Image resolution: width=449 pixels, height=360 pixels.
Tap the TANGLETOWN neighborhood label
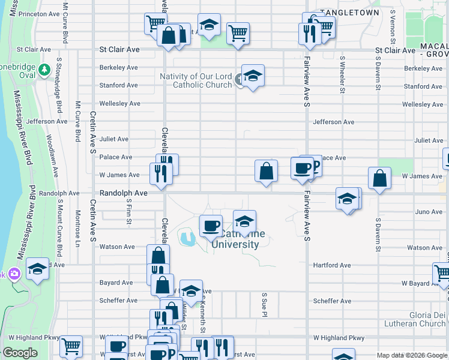pos(350,12)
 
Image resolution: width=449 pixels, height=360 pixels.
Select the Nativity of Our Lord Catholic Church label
pos(196,80)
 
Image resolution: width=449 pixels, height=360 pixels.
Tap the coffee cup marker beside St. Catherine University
pos(211,226)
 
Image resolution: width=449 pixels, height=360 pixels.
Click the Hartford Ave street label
pos(332,265)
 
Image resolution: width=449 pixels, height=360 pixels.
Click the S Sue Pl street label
pos(264,304)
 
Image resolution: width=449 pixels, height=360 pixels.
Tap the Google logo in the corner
pos(21,353)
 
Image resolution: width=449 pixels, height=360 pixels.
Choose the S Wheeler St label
pos(342,75)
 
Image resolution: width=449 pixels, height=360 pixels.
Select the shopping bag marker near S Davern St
pos(379,178)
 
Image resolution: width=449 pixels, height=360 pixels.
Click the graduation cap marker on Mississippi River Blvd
pos(37,269)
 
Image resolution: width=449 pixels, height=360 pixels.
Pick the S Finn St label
pos(129,214)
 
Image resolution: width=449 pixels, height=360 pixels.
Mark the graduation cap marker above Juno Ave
pos(347,199)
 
